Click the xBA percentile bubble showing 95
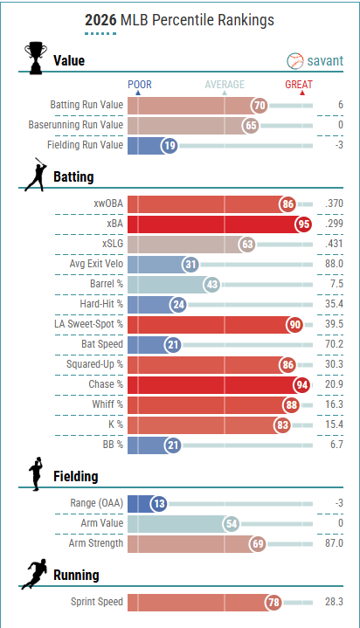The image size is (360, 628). click(304, 224)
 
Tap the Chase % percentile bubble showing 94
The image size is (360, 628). click(301, 384)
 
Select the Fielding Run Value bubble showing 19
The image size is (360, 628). click(170, 145)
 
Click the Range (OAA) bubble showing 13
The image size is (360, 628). click(159, 503)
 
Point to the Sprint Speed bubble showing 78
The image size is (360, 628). click(273, 603)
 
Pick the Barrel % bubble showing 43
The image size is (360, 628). click(212, 285)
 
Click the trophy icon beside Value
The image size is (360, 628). click(36, 58)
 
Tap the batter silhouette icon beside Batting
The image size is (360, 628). click(36, 174)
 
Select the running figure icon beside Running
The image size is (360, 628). click(34, 574)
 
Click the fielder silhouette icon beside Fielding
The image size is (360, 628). click(36, 473)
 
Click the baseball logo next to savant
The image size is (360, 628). click(295, 61)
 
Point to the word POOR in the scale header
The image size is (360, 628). click(140, 85)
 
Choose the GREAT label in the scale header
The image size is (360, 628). click(299, 85)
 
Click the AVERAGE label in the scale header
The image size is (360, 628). click(225, 85)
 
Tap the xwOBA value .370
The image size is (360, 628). click(334, 204)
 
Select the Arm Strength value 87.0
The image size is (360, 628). click(334, 543)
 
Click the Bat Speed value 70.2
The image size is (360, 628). click(334, 344)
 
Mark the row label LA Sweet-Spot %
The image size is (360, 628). click(88, 324)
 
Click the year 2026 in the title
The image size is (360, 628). click(100, 20)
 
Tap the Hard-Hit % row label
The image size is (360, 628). click(101, 304)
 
